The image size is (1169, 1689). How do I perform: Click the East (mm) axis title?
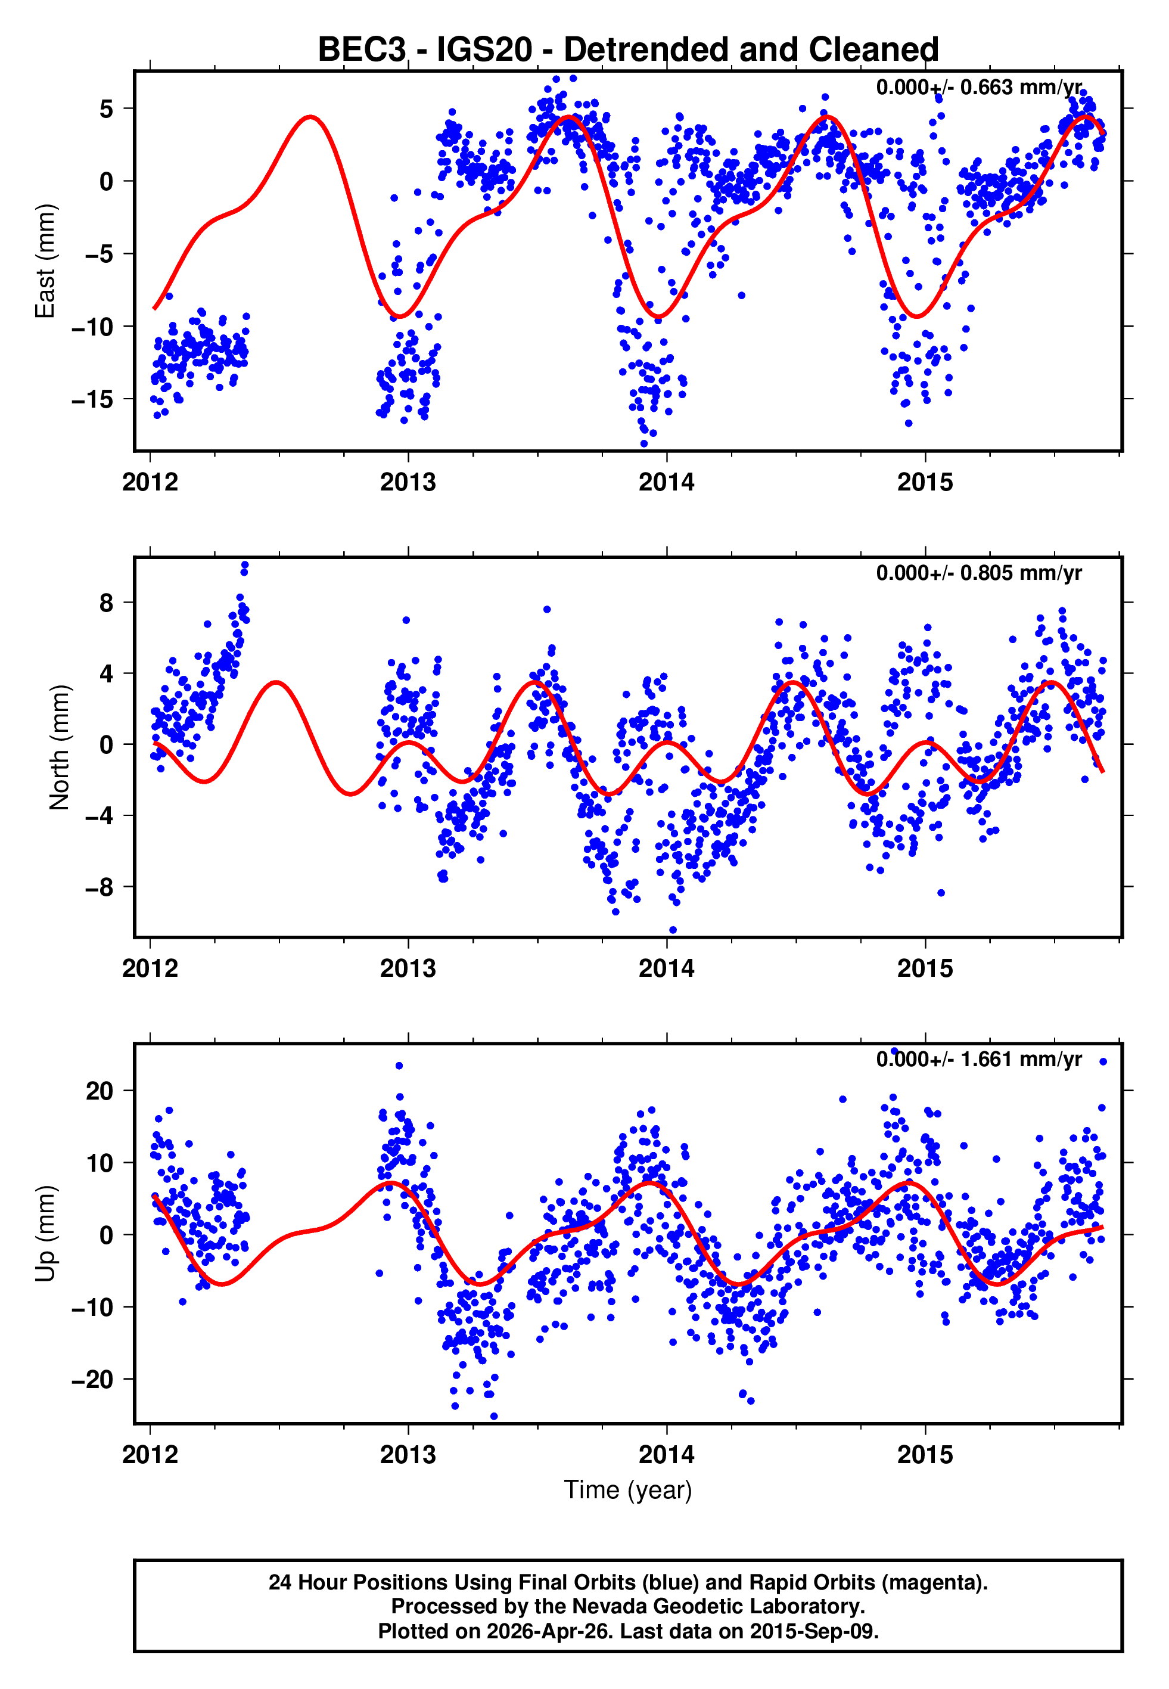point(45,261)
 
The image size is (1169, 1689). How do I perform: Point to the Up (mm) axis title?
point(45,1234)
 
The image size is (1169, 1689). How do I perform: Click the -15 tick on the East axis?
point(92,400)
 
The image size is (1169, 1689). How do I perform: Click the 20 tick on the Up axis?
point(100,1091)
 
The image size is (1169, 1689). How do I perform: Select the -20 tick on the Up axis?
point(92,1379)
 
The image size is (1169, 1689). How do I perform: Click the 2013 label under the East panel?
point(408,483)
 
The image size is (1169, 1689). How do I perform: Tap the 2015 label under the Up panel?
point(925,1455)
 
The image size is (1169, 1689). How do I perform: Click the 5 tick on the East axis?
point(107,109)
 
